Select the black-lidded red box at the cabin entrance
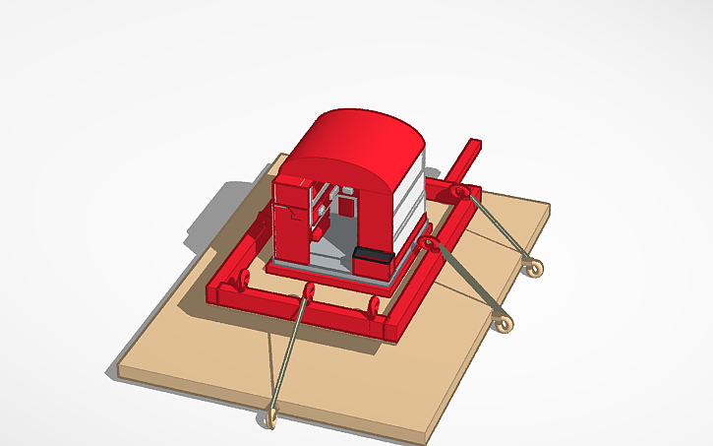pos(373,261)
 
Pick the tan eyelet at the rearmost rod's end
pos(533,266)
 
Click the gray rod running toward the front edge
pos(288,354)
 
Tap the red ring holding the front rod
pos(308,292)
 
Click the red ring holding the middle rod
pos(427,243)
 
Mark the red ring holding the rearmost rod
pos(460,192)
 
